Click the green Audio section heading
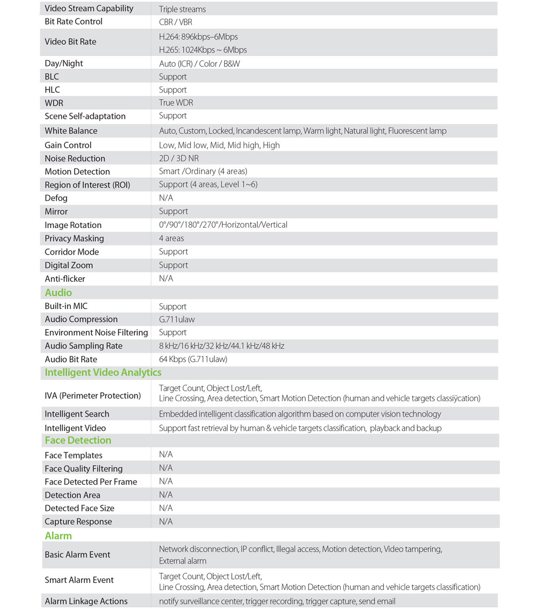(x=58, y=293)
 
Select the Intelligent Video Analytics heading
(x=103, y=372)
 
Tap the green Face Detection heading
(x=78, y=440)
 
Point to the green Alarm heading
(x=58, y=535)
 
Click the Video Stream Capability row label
(x=89, y=9)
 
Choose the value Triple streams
(x=182, y=9)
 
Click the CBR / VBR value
(x=175, y=22)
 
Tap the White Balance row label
(x=71, y=131)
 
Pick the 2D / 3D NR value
(x=179, y=158)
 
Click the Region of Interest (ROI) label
(x=87, y=185)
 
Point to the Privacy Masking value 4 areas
(x=171, y=238)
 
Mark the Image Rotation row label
(x=73, y=225)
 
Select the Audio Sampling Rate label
(x=84, y=346)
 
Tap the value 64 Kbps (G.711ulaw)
(x=193, y=359)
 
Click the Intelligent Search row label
(x=77, y=414)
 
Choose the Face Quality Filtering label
(x=84, y=468)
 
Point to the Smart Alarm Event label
(x=79, y=580)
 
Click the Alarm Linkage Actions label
(x=86, y=601)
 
